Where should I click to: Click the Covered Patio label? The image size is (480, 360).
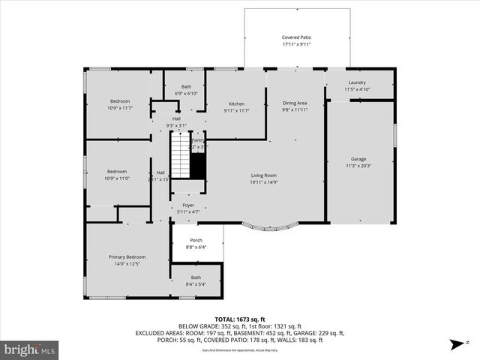(x=296, y=37)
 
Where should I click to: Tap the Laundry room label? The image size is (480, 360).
(x=356, y=82)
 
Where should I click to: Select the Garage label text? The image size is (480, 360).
(x=358, y=159)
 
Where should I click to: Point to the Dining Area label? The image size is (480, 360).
(x=295, y=103)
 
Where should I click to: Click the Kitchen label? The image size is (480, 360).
(x=236, y=103)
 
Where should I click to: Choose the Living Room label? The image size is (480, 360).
(x=263, y=175)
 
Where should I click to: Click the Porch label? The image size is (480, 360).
(x=196, y=240)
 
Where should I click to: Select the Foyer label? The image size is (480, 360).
(x=187, y=205)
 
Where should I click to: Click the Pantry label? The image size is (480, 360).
(x=197, y=140)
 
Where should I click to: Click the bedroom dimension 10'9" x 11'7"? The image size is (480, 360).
(x=120, y=108)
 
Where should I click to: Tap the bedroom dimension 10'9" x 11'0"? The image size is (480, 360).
(x=116, y=178)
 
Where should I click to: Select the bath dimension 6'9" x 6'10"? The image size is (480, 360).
(x=186, y=94)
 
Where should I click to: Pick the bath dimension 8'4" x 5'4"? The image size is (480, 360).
(x=196, y=283)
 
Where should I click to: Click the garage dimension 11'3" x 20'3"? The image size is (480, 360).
(x=358, y=166)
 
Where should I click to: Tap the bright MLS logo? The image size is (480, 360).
(x=30, y=349)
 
